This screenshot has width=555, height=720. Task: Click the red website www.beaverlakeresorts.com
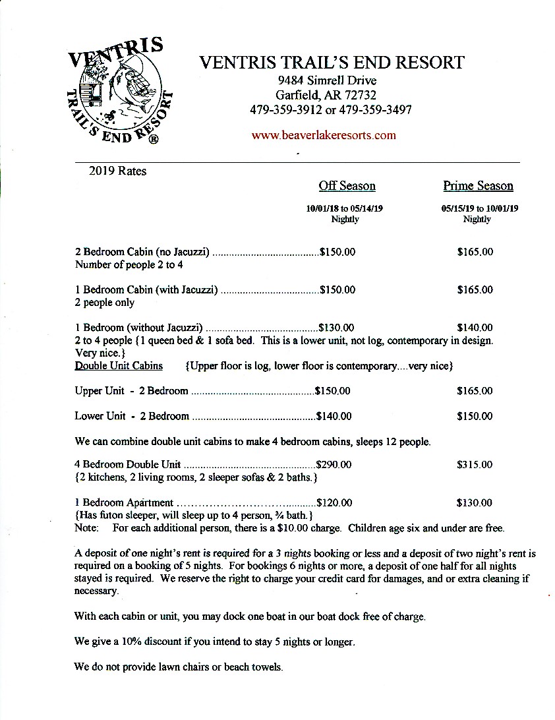pos(324,135)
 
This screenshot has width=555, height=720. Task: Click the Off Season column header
pos(347,186)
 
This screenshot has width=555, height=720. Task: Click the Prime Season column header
pos(478,186)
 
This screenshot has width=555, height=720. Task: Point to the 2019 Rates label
pos(117,171)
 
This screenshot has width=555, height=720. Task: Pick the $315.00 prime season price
pos(474,465)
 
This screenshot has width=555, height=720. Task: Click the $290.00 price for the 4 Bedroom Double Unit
pos(334,465)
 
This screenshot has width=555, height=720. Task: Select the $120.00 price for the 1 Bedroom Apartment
pos(334,503)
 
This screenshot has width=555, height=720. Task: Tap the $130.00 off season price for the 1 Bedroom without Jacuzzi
pos(336,328)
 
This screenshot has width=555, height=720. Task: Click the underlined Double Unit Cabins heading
pos(119,366)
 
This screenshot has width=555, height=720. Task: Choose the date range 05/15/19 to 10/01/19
pos(479,208)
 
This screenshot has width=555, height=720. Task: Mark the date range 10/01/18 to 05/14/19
pos(345,208)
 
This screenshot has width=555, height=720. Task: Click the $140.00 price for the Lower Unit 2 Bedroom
pos(334,416)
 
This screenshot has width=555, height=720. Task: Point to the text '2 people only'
pos(105,303)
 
